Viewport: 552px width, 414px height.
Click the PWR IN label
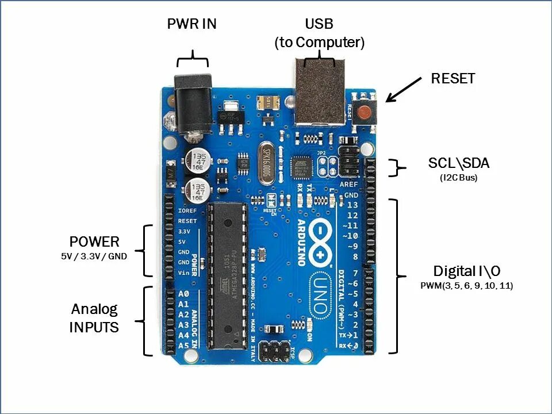(x=191, y=25)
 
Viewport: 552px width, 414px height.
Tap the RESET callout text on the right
(x=453, y=79)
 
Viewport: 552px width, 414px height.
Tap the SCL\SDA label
(x=458, y=163)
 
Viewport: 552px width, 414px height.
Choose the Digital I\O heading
(x=466, y=271)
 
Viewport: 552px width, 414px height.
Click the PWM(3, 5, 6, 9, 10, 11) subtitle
(x=467, y=285)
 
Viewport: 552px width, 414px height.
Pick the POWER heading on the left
(x=94, y=241)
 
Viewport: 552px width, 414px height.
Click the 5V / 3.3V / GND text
(x=94, y=256)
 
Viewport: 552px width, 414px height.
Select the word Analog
(x=94, y=309)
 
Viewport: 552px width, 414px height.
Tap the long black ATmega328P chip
(x=226, y=276)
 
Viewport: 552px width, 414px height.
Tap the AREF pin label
(x=348, y=185)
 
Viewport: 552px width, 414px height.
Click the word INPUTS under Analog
(x=94, y=328)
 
